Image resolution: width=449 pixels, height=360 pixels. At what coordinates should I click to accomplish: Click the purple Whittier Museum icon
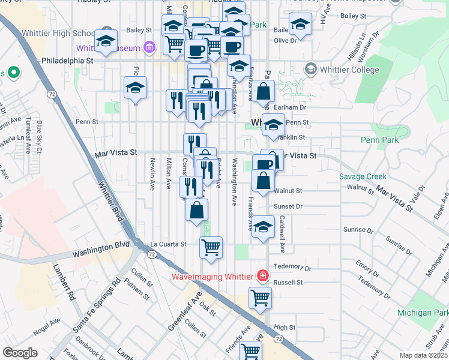pos(149,47)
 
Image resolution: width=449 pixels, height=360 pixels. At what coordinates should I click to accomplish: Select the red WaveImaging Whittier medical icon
pos(262,276)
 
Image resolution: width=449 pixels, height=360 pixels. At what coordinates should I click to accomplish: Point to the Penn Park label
pos(379,140)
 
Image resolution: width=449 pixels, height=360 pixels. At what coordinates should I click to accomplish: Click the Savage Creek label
pos(363,176)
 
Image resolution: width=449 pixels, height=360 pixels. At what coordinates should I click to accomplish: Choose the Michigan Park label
pos(423,313)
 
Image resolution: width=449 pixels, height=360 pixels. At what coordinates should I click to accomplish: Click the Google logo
pos(20,353)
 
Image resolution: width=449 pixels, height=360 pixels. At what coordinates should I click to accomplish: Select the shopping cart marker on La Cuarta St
pos(211,246)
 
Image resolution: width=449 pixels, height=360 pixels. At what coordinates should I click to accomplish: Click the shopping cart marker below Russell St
pos(260,296)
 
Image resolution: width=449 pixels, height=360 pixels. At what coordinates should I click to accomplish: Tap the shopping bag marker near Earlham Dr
pos(264,91)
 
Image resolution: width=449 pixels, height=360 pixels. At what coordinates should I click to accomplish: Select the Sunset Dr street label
pos(288,206)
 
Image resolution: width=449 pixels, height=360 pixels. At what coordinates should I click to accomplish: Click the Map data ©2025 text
pos(423,355)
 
